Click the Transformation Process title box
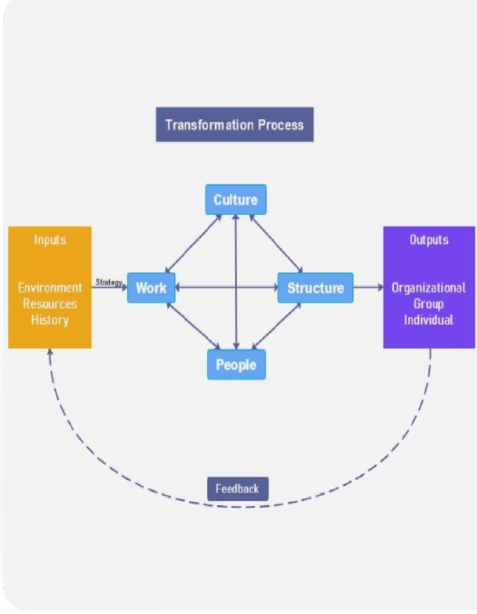[x=235, y=125]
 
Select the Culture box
[x=235, y=200]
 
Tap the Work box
[x=151, y=288]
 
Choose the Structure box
[x=315, y=288]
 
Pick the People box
[x=236, y=365]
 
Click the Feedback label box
[x=237, y=489]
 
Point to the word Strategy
[x=109, y=282]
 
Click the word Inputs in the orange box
[x=49, y=239]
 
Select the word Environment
[x=49, y=288]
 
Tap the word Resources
[x=49, y=303]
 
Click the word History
[x=49, y=320]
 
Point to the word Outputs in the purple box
[x=429, y=239]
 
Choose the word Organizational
[x=429, y=288]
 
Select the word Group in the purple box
[x=429, y=303]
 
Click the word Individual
[x=429, y=320]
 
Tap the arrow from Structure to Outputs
[x=368, y=288]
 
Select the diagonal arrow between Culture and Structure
[x=276, y=244]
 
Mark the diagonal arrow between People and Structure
[x=276, y=325]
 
